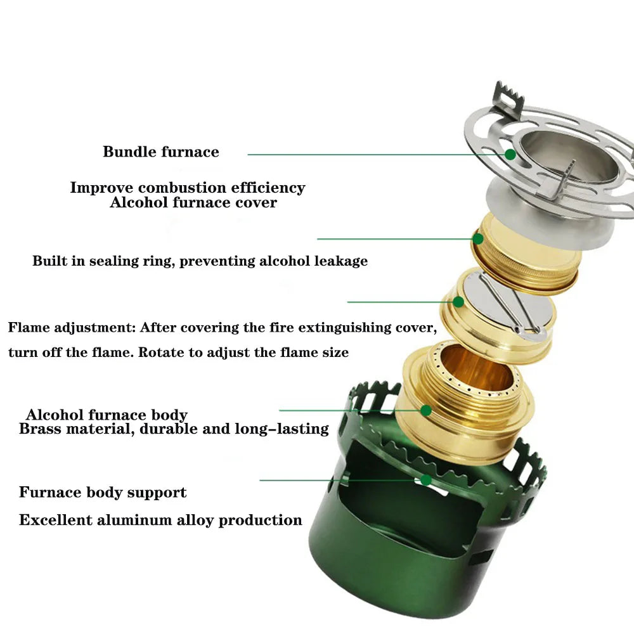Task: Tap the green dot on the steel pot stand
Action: click(x=510, y=154)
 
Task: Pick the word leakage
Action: click(x=341, y=261)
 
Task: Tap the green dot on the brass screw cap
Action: click(x=478, y=239)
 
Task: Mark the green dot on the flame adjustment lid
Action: click(x=458, y=302)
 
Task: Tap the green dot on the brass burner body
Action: click(x=426, y=410)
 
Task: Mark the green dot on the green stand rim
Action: click(x=426, y=480)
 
